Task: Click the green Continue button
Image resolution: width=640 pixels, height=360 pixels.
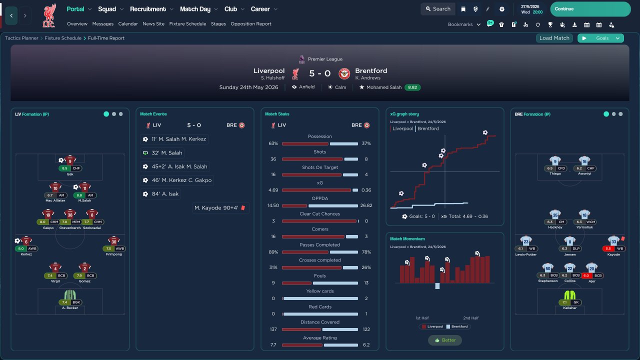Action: click(x=590, y=9)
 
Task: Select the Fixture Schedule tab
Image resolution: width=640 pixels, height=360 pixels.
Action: click(x=187, y=23)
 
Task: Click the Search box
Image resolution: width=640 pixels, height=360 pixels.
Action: click(x=437, y=9)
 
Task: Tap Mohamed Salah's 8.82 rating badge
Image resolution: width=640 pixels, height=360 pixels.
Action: click(x=412, y=87)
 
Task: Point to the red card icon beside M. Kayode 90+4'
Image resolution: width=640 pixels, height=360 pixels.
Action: click(x=243, y=207)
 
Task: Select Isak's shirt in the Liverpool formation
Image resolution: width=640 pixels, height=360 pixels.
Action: click(x=70, y=160)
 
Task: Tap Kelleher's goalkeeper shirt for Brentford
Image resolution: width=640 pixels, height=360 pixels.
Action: click(x=570, y=294)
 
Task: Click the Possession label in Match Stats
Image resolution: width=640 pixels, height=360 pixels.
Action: click(x=320, y=136)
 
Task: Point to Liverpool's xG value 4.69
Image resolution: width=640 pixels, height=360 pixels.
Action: click(x=273, y=190)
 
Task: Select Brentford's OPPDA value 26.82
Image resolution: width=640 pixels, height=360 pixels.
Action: click(x=366, y=205)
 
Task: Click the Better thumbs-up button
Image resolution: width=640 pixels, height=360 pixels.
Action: click(x=445, y=340)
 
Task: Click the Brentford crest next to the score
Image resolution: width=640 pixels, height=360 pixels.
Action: click(x=344, y=73)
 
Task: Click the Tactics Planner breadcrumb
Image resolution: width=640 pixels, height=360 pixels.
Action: click(x=21, y=38)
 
